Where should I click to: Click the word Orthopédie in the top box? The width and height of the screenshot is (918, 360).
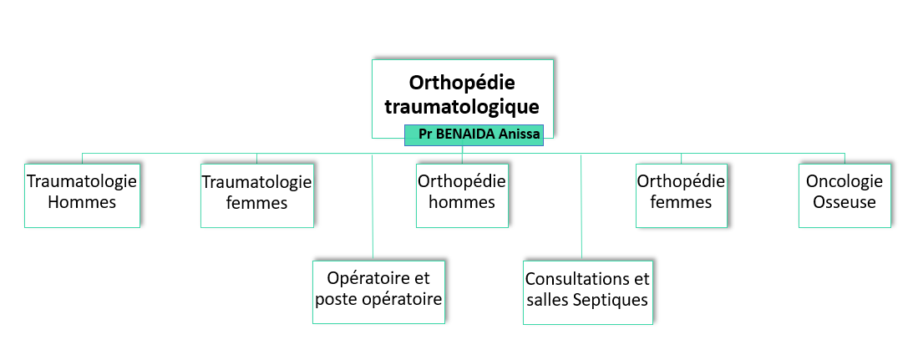coord(462,83)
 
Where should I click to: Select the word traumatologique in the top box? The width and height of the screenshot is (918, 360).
coord(462,108)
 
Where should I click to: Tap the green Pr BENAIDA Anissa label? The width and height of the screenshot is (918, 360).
coord(474,134)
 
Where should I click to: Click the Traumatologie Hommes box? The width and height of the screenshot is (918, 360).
coord(82,195)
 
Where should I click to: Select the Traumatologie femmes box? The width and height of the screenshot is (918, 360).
coord(257,195)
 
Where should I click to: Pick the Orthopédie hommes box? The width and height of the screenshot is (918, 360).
coord(462,195)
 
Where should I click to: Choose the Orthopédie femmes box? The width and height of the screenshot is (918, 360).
coord(682,195)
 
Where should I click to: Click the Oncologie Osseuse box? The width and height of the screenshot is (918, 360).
coord(844,195)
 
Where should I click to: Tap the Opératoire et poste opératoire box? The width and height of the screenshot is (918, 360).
coord(378,292)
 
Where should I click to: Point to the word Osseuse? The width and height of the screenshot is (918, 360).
coord(844,202)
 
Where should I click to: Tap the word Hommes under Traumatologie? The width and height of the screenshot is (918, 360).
coord(82,202)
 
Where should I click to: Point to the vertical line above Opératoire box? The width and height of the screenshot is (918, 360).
coord(373,206)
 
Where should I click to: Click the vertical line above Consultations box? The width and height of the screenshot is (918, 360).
coord(581,207)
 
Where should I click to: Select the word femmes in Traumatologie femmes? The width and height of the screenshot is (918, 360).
coord(257,203)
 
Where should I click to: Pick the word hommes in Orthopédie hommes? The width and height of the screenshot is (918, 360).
coord(462,202)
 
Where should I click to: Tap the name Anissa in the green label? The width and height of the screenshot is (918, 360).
coord(520,134)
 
